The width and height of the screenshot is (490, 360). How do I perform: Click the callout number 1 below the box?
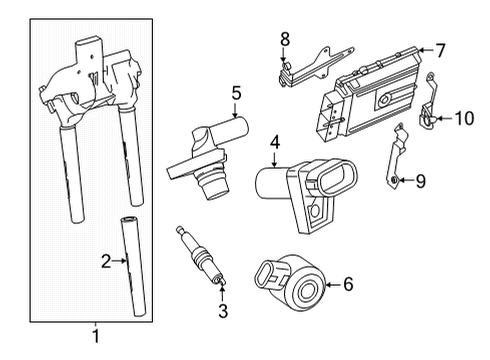[x=96, y=336]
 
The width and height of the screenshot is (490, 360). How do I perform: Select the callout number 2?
[x=106, y=261]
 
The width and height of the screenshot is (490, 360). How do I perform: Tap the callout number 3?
[x=223, y=311]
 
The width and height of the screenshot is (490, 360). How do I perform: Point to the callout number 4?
[x=275, y=142]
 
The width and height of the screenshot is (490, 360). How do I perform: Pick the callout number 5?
[x=236, y=93]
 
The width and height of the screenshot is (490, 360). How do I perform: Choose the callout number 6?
[x=348, y=284]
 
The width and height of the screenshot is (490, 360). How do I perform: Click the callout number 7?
[x=440, y=51]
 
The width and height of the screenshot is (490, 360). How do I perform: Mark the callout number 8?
[x=285, y=39]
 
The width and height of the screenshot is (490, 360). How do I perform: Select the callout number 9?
[x=420, y=181]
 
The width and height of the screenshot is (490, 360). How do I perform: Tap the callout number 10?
[x=464, y=118]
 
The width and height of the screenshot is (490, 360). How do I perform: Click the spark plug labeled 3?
[x=201, y=256]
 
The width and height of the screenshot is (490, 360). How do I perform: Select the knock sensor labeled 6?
[x=289, y=283]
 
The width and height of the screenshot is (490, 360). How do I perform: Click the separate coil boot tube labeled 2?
[x=133, y=266]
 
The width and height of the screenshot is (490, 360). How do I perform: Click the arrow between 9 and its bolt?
[x=405, y=180]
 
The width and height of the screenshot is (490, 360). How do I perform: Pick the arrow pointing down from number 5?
[x=235, y=111]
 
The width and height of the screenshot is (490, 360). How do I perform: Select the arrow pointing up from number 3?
[x=222, y=292]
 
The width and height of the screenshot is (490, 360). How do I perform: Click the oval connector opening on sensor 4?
[x=337, y=177]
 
